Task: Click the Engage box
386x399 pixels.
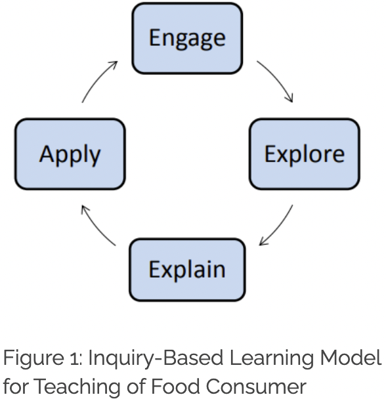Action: [187, 38]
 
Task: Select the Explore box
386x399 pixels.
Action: [305, 154]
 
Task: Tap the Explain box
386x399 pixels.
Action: [187, 270]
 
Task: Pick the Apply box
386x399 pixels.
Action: [70, 154]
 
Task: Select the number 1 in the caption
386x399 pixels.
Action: [75, 358]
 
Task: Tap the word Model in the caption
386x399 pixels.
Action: [351, 358]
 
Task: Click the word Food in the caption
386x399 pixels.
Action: [175, 387]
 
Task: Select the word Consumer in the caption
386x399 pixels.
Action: [256, 387]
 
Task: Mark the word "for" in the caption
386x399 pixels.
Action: [16, 387]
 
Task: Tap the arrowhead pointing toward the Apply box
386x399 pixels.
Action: [85, 210]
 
